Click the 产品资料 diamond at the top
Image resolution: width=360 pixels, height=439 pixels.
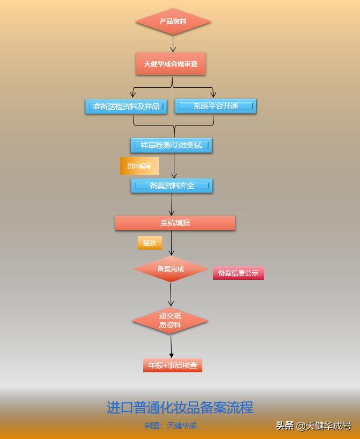tap(173, 22)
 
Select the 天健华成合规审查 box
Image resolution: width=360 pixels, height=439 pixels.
tap(171, 64)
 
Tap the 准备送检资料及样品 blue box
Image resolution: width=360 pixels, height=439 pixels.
tap(126, 107)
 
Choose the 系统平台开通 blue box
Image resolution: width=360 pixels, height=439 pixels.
tap(215, 106)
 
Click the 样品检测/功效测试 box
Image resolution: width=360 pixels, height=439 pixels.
tap(171, 145)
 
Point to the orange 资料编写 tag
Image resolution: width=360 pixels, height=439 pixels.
tap(139, 166)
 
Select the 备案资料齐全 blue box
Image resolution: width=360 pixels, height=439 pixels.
tap(172, 186)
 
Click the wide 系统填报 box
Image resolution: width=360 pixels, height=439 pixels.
tap(175, 223)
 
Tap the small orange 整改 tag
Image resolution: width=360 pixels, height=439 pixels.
tap(149, 243)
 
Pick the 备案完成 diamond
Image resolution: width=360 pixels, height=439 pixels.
tap(171, 269)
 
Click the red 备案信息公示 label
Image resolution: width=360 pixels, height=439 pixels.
tap(238, 273)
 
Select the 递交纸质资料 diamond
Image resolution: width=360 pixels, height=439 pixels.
tap(170, 321)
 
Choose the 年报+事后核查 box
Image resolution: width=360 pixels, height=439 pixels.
tap(172, 365)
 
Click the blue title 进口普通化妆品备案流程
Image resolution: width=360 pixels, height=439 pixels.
tap(180, 407)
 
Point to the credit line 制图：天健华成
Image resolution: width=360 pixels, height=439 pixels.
tap(171, 426)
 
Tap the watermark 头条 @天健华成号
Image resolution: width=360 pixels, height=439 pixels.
tap(313, 426)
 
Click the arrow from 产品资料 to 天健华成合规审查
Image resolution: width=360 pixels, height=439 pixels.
tap(173, 44)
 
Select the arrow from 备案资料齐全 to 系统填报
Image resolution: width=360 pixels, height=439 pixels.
tap(172, 204)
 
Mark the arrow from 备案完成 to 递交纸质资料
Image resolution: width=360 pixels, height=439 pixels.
tap(171, 294)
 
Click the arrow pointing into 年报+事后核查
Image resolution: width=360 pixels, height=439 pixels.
tap(171, 346)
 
